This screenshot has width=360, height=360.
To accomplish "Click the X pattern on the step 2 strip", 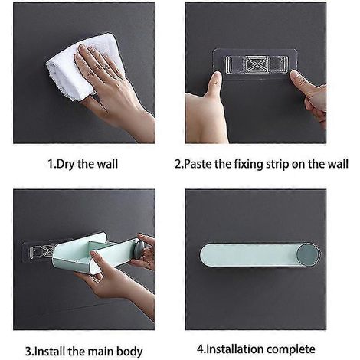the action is (256, 64).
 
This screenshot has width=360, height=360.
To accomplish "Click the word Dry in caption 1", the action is (65, 164).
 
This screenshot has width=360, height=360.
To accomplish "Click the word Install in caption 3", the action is (50, 352).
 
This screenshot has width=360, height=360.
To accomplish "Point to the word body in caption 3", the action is (129, 352).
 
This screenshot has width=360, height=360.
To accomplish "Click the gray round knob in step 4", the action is (308, 254).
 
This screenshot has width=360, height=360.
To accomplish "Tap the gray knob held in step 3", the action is (140, 248).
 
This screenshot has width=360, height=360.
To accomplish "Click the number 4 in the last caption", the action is (200, 349).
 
